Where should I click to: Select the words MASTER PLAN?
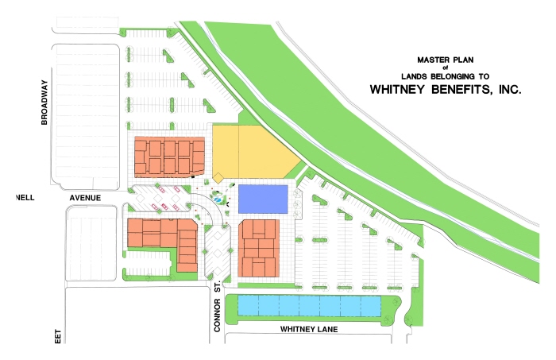point(445,60)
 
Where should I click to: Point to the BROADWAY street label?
point(46,103)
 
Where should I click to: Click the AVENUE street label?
point(87,197)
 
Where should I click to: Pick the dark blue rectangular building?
point(264,198)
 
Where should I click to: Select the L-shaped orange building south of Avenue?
point(163,238)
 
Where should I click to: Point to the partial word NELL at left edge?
point(25,197)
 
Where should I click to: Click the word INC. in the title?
point(506,90)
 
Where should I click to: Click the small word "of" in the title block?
point(445,68)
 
